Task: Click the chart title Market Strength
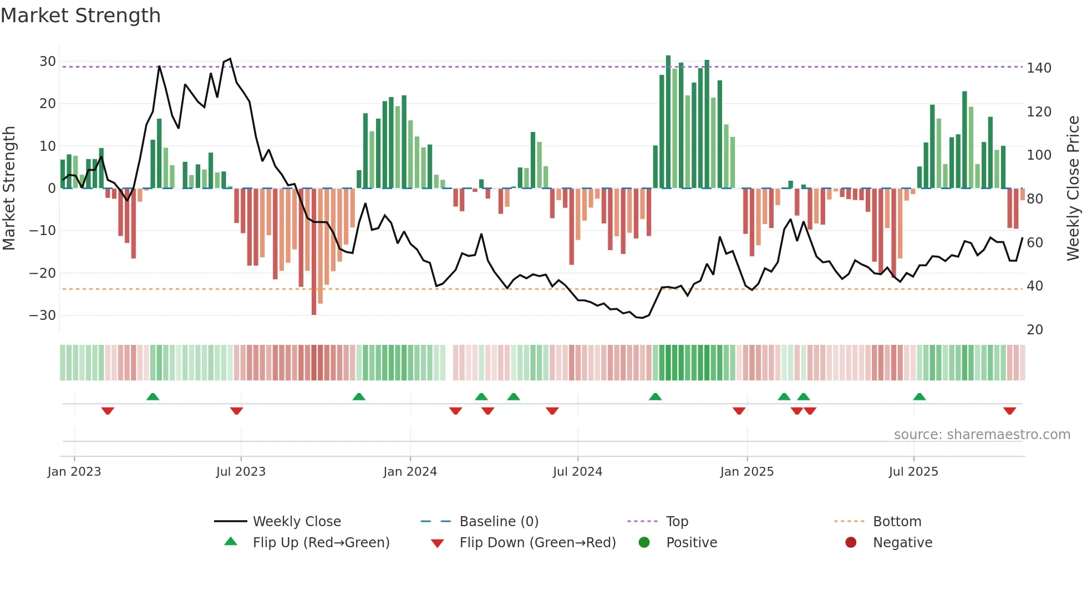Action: [80, 15]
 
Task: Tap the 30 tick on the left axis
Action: [48, 62]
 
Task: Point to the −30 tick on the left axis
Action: [43, 315]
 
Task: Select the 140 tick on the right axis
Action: [1039, 68]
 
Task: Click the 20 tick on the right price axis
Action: [1035, 330]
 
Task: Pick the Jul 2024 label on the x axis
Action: [577, 472]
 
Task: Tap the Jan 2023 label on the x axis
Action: [74, 472]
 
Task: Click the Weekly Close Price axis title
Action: [1073, 189]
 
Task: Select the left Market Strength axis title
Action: [9, 189]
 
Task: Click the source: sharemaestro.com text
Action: [982, 435]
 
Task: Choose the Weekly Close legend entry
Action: [297, 522]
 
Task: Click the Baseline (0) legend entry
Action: [499, 522]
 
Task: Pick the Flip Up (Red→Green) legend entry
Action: [321, 543]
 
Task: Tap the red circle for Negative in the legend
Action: [850, 542]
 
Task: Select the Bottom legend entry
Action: [897, 522]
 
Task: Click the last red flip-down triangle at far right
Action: [1009, 411]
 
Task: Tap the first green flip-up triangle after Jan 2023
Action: [153, 396]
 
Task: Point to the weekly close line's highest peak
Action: [230, 59]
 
